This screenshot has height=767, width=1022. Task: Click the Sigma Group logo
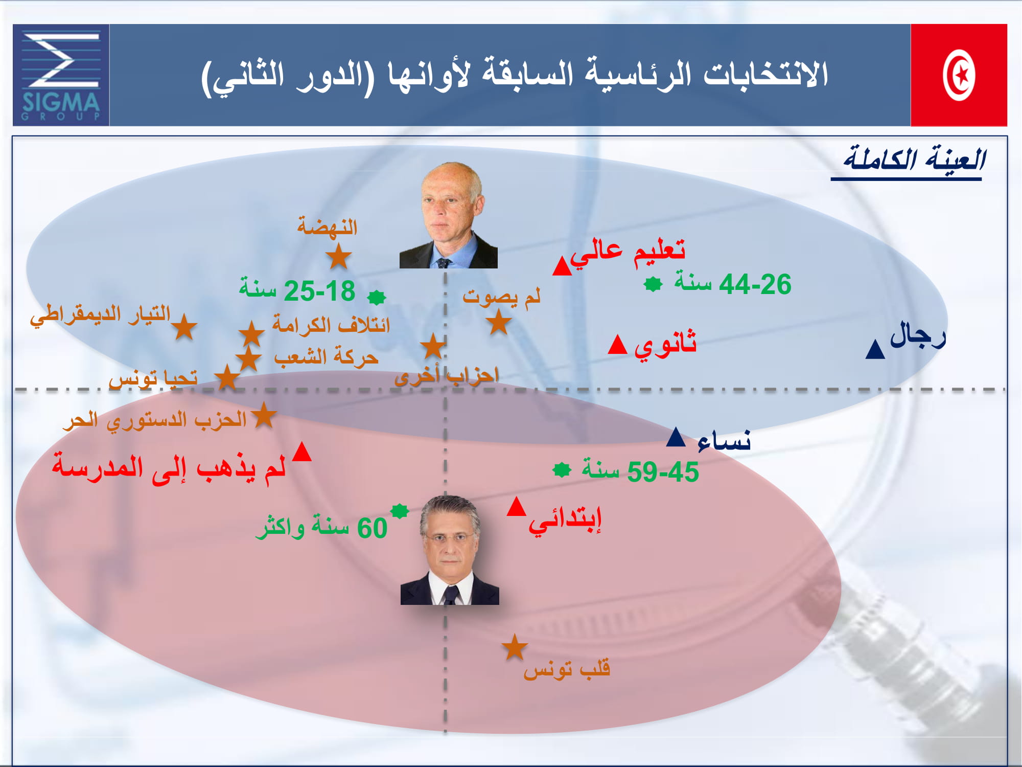(61, 75)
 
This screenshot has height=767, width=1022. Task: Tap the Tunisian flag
(959, 75)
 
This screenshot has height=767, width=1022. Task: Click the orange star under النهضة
(338, 256)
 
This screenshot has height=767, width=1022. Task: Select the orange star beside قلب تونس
(515, 648)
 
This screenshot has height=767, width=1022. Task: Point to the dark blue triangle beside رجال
(875, 350)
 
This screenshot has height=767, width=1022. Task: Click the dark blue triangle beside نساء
(676, 438)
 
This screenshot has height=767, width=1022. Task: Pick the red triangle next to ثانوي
(617, 345)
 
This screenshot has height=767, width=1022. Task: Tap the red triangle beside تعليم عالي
(562, 266)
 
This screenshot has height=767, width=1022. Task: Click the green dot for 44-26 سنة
(653, 284)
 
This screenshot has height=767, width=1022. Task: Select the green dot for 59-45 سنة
(562, 470)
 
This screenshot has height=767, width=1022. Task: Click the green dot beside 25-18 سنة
(377, 297)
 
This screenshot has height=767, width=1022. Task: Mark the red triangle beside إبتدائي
(517, 507)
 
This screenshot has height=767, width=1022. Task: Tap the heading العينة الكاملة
(914, 159)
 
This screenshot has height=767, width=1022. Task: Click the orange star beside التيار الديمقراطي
(184, 327)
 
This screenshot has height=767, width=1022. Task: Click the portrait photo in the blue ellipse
(449, 215)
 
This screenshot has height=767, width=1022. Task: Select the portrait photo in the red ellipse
(450, 550)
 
